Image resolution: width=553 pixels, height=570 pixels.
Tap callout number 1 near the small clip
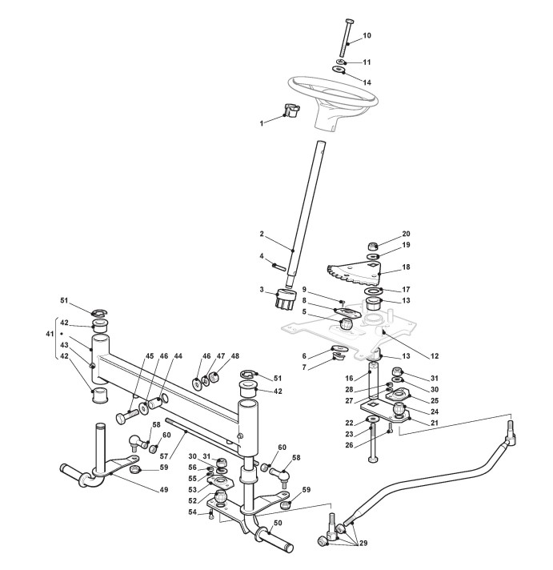[x=261, y=123]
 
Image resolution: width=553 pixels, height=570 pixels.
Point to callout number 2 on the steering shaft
[x=262, y=234]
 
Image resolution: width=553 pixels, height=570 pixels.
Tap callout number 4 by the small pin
[x=262, y=256]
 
